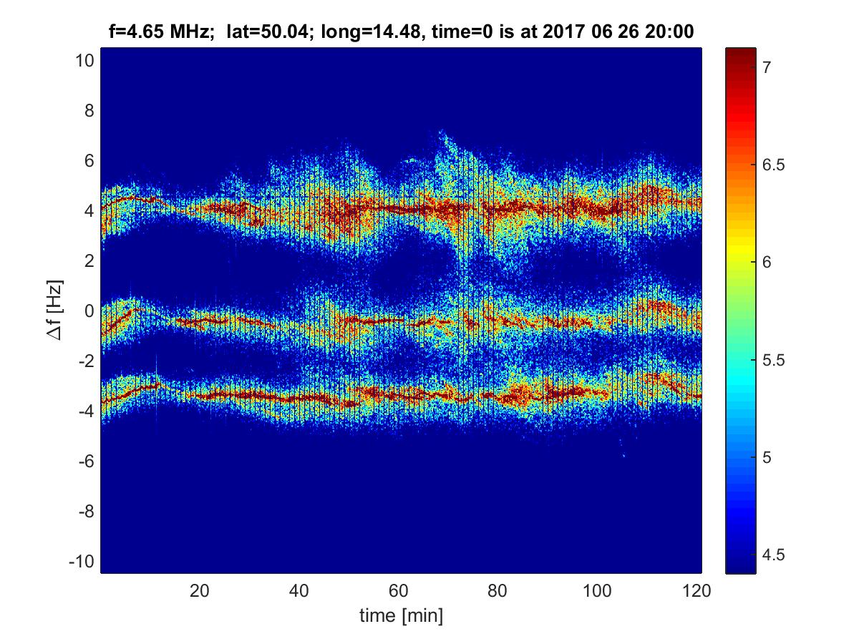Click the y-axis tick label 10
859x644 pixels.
84,61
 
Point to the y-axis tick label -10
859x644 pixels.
82,561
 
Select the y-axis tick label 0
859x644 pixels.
88,311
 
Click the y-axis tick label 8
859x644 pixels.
88,111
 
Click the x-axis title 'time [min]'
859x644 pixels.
400,615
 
